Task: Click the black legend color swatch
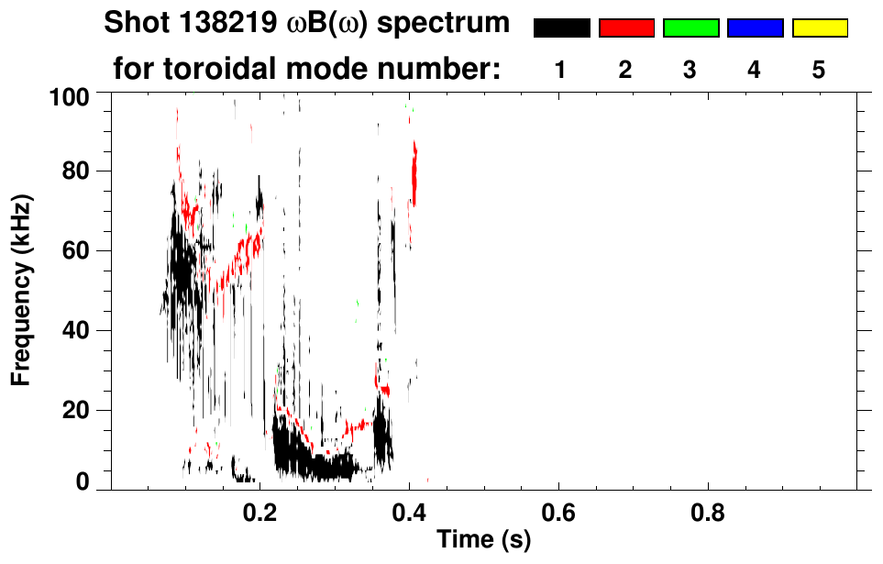pyautogui.click(x=561, y=28)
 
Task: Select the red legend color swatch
pyautogui.click(x=626, y=28)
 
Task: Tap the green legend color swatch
pyautogui.click(x=690, y=28)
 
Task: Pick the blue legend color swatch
pyautogui.click(x=755, y=28)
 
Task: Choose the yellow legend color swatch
pyautogui.click(x=819, y=28)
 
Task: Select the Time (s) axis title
pyautogui.click(x=483, y=540)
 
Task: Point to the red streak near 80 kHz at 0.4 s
pyautogui.click(x=414, y=174)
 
